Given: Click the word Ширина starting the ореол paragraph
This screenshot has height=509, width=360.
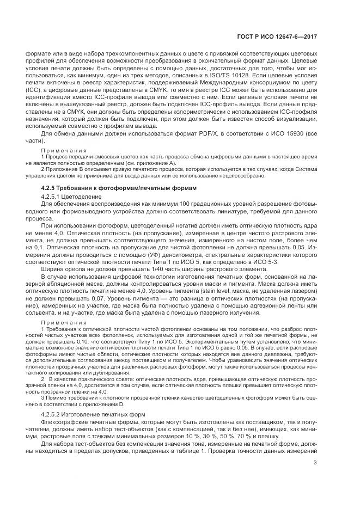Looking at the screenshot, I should pyautogui.click(x=54, y=268).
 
